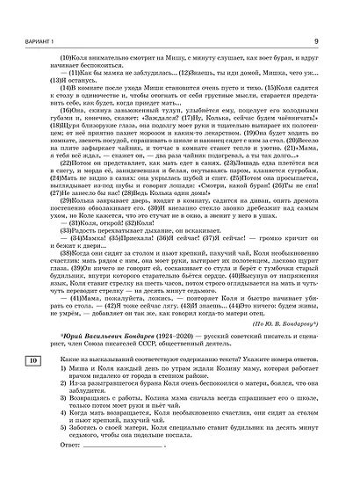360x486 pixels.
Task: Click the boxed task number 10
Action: [x=32, y=411]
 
